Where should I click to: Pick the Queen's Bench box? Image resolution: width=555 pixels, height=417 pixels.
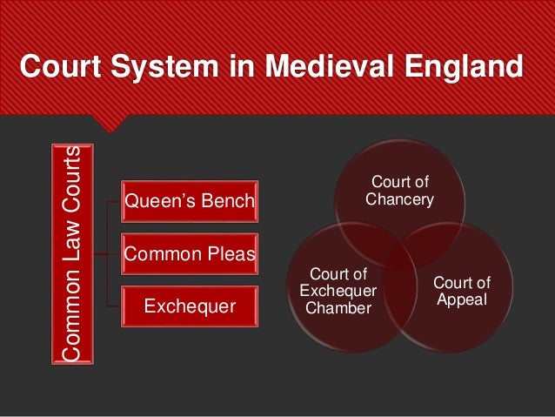pyautogui.click(x=190, y=203)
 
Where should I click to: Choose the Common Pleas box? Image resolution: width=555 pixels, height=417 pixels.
pyautogui.click(x=190, y=254)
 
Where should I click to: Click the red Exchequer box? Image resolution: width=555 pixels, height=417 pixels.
pyautogui.click(x=190, y=306)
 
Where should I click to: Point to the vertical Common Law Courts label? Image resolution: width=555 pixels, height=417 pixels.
pyautogui.click(x=74, y=253)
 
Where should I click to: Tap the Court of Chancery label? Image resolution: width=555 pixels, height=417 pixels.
pyautogui.click(x=399, y=191)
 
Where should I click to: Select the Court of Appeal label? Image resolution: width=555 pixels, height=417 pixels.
pyautogui.click(x=462, y=292)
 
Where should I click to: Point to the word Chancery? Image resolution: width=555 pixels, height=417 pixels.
pyautogui.click(x=399, y=199)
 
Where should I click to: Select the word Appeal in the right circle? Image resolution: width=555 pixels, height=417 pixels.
pyautogui.click(x=462, y=300)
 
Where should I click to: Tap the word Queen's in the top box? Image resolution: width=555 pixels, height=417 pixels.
pyautogui.click(x=158, y=203)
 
